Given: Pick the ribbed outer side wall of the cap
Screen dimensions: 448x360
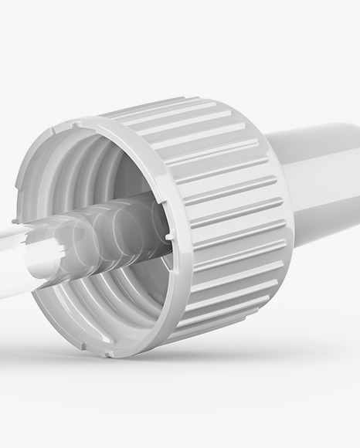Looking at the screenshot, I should pos(232,224).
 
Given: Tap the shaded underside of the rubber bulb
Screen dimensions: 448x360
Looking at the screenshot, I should pos(324,232).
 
